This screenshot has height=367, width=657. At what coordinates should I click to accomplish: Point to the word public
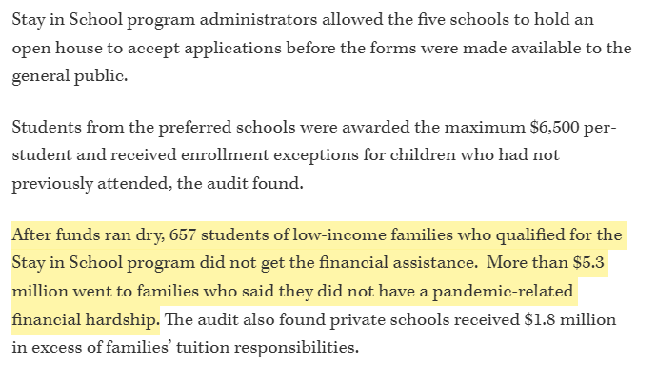tap(101, 76)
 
